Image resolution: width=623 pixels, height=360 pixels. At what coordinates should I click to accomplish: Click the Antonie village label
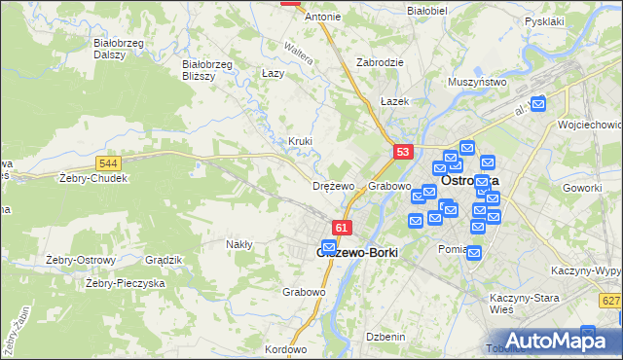(323, 17)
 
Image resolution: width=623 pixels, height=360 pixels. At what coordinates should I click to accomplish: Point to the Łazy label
(273, 73)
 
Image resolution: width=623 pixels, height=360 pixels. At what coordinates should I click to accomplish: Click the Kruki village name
(300, 141)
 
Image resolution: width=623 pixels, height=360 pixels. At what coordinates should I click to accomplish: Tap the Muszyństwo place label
(477, 83)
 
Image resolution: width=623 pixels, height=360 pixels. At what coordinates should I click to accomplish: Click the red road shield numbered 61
(341, 228)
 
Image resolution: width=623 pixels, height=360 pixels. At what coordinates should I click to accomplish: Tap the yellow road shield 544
(109, 163)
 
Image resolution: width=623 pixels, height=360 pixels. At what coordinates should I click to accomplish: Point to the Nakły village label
(239, 244)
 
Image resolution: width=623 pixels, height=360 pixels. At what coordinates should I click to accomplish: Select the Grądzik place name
(163, 260)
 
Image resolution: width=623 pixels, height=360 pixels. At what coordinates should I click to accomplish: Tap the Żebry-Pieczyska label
(125, 283)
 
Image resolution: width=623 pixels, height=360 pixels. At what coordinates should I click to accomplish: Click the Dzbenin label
(385, 336)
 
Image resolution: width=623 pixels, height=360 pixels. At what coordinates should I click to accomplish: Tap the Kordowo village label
(285, 348)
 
